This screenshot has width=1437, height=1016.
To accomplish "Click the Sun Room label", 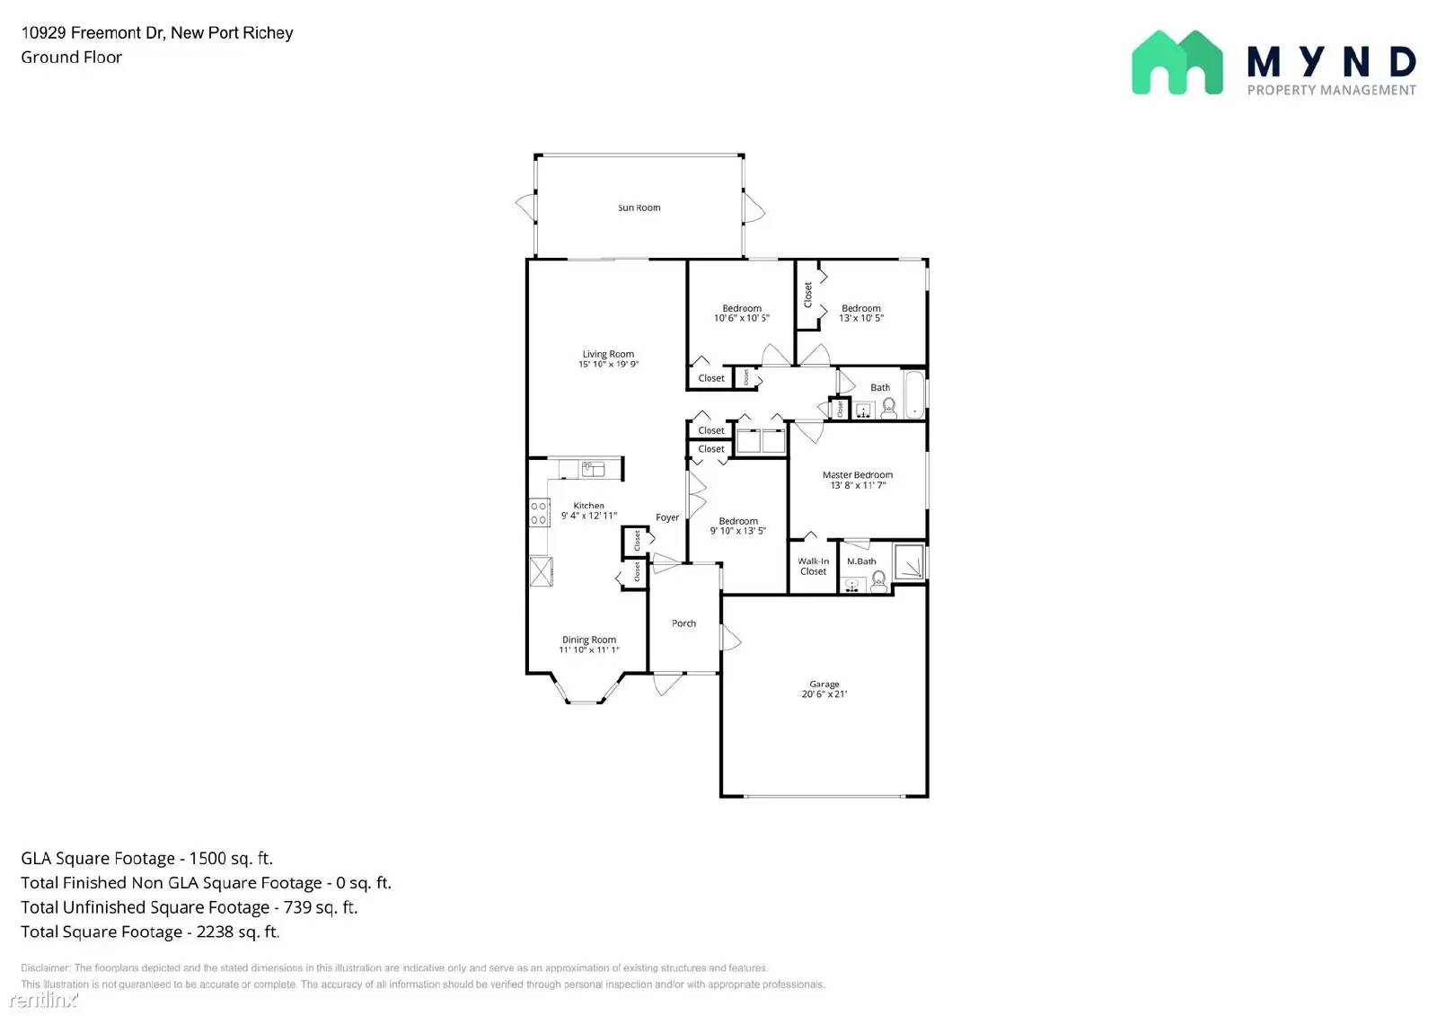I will [x=639, y=208].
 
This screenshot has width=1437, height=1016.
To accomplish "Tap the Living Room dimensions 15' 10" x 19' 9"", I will [x=608, y=365].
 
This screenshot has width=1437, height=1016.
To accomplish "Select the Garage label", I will [x=824, y=684].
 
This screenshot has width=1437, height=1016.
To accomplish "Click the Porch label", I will [x=683, y=623].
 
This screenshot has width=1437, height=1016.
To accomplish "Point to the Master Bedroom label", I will [x=857, y=474].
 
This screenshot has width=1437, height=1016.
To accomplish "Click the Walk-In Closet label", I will [x=813, y=566].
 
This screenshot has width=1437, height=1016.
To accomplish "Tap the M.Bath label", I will [x=860, y=561].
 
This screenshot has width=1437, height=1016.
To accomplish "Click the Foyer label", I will [x=666, y=517].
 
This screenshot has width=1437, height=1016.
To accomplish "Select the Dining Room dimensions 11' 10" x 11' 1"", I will [x=589, y=650].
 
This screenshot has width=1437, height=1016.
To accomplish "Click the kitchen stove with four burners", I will [x=539, y=514].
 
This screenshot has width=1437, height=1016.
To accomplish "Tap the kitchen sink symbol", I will [x=592, y=468].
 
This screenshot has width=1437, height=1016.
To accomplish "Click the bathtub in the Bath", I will [x=913, y=394].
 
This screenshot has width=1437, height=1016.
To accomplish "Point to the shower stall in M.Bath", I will [x=910, y=562].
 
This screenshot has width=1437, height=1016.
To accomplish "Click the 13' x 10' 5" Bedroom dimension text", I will [x=860, y=318].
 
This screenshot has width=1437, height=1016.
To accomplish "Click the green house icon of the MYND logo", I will [x=1177, y=63].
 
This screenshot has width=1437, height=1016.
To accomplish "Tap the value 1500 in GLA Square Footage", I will [x=208, y=859].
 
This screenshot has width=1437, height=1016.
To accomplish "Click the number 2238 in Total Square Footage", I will [x=216, y=932].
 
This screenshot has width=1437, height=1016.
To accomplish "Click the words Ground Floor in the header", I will [x=72, y=57].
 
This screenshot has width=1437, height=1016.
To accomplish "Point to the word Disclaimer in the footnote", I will [x=45, y=968].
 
